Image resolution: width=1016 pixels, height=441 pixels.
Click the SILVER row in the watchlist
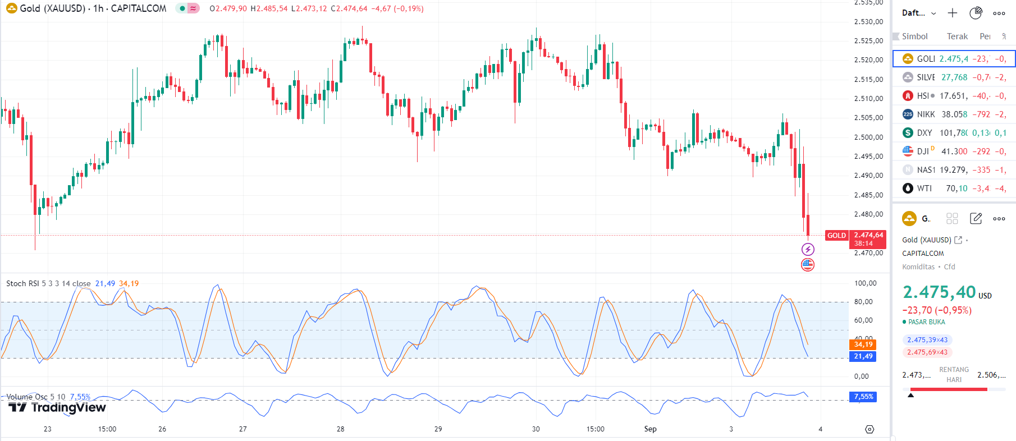954,77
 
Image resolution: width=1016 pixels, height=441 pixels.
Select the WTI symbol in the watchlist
954,189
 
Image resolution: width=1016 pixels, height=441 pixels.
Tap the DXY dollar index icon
908,133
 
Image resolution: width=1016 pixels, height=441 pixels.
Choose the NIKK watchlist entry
954,114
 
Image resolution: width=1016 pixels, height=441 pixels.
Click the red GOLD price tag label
836,236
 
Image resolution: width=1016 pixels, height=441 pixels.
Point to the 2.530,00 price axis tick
868,22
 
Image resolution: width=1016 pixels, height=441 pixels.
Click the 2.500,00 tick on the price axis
868,137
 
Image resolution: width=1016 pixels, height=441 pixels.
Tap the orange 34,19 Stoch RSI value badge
863,344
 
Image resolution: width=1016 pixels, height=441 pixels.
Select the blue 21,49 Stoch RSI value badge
863,356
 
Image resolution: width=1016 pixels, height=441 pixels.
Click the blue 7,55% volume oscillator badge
863,397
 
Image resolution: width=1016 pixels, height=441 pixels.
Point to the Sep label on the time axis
650,429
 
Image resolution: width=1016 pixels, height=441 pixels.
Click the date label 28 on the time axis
341,429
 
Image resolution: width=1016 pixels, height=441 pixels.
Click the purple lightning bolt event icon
808,250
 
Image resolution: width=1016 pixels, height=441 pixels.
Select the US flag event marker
808,265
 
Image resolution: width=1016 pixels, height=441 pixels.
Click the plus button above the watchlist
953,13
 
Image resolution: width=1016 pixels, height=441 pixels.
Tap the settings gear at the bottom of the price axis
869,429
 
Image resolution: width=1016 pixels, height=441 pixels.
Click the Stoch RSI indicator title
48,283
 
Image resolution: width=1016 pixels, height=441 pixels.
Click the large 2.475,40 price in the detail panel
939,292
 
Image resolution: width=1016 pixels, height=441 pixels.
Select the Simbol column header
914,36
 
